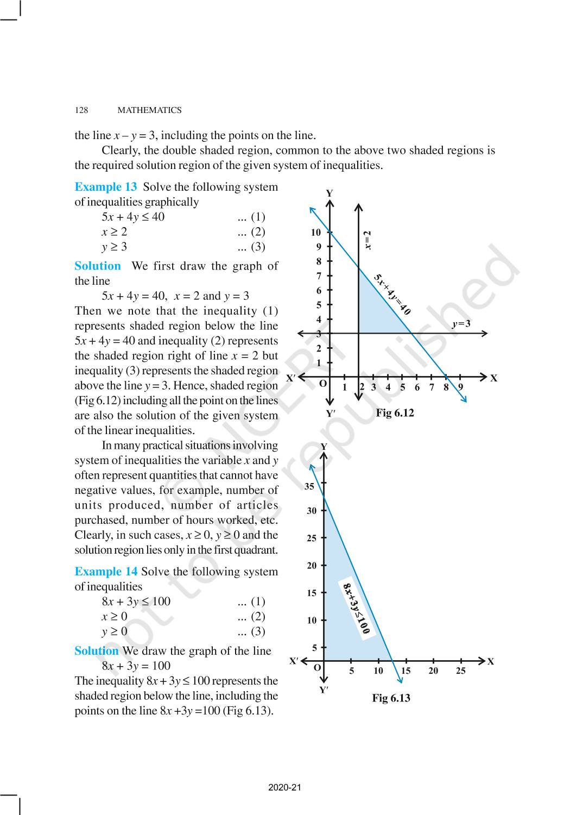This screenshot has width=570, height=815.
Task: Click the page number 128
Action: [x=81, y=110]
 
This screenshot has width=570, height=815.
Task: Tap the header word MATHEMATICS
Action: [x=149, y=110]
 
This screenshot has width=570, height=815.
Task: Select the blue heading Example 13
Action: [x=106, y=187]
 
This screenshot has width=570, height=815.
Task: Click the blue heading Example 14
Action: [x=106, y=572]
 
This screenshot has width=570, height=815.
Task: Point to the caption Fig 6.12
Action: [x=395, y=413]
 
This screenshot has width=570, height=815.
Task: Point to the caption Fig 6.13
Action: [x=391, y=698]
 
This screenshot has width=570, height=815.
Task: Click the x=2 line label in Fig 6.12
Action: [x=368, y=240]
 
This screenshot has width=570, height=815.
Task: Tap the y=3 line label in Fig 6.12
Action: [x=461, y=324]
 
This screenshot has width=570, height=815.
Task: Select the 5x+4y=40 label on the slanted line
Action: [x=392, y=294]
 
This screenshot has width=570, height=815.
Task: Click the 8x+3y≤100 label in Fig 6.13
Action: [x=357, y=609]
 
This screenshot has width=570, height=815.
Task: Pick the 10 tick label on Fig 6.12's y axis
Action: [x=315, y=233]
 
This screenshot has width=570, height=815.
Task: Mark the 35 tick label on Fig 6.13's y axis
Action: [x=309, y=486]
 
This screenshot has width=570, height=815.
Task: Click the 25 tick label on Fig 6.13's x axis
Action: [x=460, y=671]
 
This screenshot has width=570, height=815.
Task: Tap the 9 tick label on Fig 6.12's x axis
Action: [x=460, y=387]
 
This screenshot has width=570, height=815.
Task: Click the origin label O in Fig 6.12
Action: [x=322, y=384]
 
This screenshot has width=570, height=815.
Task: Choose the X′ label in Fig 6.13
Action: [x=294, y=661]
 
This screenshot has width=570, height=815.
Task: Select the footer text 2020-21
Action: [x=284, y=787]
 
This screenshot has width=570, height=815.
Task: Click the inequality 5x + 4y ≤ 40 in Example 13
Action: [x=133, y=217]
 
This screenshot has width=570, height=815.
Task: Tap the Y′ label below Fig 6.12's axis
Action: [x=330, y=413]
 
